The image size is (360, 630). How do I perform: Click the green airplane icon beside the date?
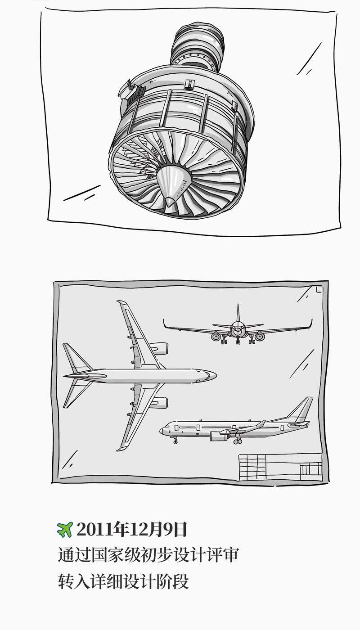65,530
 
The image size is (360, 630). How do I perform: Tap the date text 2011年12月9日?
131,530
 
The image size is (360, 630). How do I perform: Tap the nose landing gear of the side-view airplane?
175,440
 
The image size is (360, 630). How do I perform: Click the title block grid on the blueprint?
280,467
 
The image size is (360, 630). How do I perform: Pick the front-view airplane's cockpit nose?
238,329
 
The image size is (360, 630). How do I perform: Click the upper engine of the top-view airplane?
159,348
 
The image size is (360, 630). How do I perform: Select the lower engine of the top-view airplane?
159,402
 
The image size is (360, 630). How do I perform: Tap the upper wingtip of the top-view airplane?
121,303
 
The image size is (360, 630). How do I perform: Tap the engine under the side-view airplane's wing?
220,436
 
